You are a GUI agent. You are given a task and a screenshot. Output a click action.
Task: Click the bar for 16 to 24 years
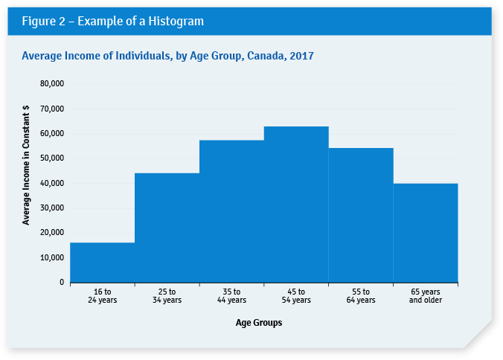coord(102,263)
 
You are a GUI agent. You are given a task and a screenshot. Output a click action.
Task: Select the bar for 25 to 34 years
coord(167,228)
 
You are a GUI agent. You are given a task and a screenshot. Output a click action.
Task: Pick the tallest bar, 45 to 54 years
coord(296,205)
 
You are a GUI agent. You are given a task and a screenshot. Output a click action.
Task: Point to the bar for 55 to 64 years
coord(361,215)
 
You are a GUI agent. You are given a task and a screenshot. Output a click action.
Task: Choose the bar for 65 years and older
coord(426,233)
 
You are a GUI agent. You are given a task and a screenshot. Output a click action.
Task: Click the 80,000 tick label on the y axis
coord(51,84)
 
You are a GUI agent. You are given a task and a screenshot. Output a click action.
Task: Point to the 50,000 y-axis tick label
coord(51,158)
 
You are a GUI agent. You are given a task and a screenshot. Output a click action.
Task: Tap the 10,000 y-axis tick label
coord(51,257)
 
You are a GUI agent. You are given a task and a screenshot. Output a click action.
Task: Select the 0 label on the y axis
coord(61,283)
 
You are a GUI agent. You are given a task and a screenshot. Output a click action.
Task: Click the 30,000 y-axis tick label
coord(51,208)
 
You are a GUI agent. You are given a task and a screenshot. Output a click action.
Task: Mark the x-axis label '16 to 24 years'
coord(102,295)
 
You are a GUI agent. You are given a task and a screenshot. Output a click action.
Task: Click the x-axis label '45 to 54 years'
coord(296,295)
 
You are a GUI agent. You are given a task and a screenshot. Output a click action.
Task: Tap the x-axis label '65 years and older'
coord(426,295)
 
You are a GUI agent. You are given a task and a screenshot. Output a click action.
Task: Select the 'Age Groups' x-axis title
coord(259,323)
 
